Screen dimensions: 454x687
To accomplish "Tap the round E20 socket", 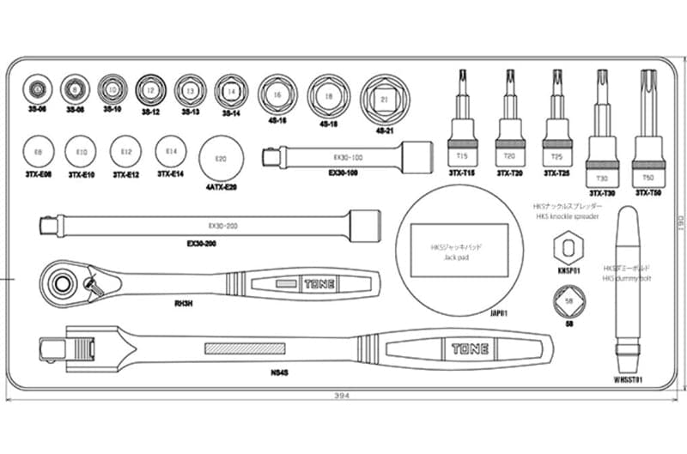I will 220,159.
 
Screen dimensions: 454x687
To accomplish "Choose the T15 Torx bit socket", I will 462,129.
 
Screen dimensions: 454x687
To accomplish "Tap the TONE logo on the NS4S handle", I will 470,348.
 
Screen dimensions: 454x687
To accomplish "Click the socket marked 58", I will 569,302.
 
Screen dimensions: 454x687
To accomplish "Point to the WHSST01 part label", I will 630,378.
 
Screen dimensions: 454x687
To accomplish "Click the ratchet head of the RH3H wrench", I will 63,280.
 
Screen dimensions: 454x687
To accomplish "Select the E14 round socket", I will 171,152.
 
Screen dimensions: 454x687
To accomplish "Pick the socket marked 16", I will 277,95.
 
